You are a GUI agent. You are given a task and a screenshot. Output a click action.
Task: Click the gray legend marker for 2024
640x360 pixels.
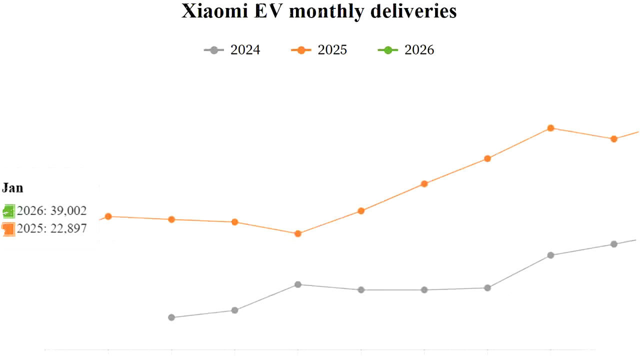(214, 50)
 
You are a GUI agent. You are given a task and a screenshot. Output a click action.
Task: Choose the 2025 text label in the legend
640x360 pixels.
(332, 50)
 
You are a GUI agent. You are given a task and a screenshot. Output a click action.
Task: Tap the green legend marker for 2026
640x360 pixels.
(387, 50)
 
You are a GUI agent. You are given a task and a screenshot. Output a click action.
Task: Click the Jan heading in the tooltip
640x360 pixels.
(12, 188)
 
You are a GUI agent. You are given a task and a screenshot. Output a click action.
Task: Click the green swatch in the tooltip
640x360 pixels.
(8, 211)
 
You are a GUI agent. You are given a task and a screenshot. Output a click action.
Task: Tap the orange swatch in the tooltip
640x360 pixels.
(8, 229)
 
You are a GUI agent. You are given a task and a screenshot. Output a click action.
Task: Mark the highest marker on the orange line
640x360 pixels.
(550, 128)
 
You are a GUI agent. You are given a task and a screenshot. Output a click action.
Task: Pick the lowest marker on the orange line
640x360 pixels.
(298, 233)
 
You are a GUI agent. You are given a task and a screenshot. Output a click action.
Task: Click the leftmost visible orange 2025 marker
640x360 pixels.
(108, 216)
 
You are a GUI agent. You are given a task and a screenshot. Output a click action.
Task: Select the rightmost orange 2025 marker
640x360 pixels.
(614, 139)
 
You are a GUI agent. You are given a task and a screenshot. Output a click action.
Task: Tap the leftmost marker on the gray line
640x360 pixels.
(171, 317)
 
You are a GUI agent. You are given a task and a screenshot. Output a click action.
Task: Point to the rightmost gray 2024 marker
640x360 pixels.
(614, 244)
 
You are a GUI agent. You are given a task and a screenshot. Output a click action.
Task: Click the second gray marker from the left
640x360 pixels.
(235, 310)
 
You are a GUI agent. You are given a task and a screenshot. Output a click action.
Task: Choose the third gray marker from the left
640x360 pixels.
(298, 284)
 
